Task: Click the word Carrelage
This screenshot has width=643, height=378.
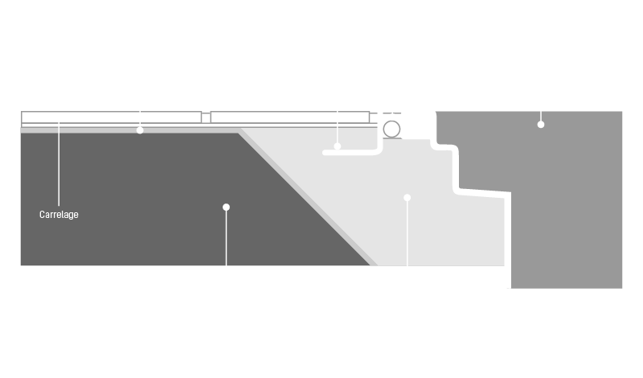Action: point(59,215)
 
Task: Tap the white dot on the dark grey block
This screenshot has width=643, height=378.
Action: point(226,207)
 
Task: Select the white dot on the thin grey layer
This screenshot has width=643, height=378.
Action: point(140,130)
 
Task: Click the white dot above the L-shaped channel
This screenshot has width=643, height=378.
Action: point(337,146)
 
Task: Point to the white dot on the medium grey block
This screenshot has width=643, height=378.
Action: point(541,125)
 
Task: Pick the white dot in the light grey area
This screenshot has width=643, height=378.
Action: point(408,198)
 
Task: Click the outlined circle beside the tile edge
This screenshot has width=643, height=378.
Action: point(391,129)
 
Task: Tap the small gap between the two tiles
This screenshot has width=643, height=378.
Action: point(206,117)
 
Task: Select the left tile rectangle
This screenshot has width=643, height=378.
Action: point(111,117)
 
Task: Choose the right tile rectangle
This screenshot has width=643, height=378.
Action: point(290,117)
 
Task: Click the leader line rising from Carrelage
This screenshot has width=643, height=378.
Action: point(59,164)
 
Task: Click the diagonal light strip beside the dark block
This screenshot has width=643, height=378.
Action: point(309,197)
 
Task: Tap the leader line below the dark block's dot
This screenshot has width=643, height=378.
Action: point(226,238)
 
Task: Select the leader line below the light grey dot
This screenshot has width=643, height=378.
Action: point(408,233)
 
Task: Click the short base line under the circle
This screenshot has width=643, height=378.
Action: point(392,138)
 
